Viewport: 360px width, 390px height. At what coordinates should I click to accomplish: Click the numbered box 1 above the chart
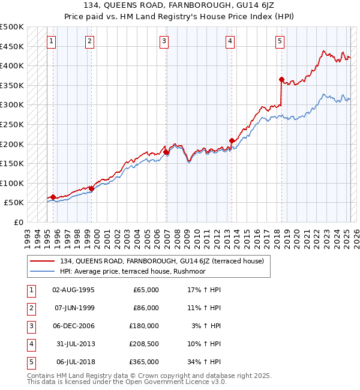[52, 41]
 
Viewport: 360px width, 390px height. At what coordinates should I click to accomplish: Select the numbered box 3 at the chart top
[164, 41]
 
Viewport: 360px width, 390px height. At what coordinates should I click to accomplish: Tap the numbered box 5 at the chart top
[280, 41]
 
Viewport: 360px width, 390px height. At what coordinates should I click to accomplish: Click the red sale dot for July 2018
[281, 79]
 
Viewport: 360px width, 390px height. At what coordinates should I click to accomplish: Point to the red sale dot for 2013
[232, 140]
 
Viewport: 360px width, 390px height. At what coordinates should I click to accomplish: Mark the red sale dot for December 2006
[166, 152]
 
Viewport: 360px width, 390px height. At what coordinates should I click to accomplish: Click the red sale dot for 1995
[53, 197]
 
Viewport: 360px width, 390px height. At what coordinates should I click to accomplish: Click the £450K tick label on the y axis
[12, 46]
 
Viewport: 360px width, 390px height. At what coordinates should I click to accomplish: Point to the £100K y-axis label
[12, 183]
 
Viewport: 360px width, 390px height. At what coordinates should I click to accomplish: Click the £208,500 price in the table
[145, 344]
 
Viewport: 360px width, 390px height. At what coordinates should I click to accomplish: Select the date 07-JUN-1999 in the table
[74, 308]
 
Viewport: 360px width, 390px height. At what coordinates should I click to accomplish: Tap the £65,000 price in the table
[146, 290]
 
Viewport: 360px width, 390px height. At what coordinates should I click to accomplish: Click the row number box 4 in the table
[29, 344]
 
